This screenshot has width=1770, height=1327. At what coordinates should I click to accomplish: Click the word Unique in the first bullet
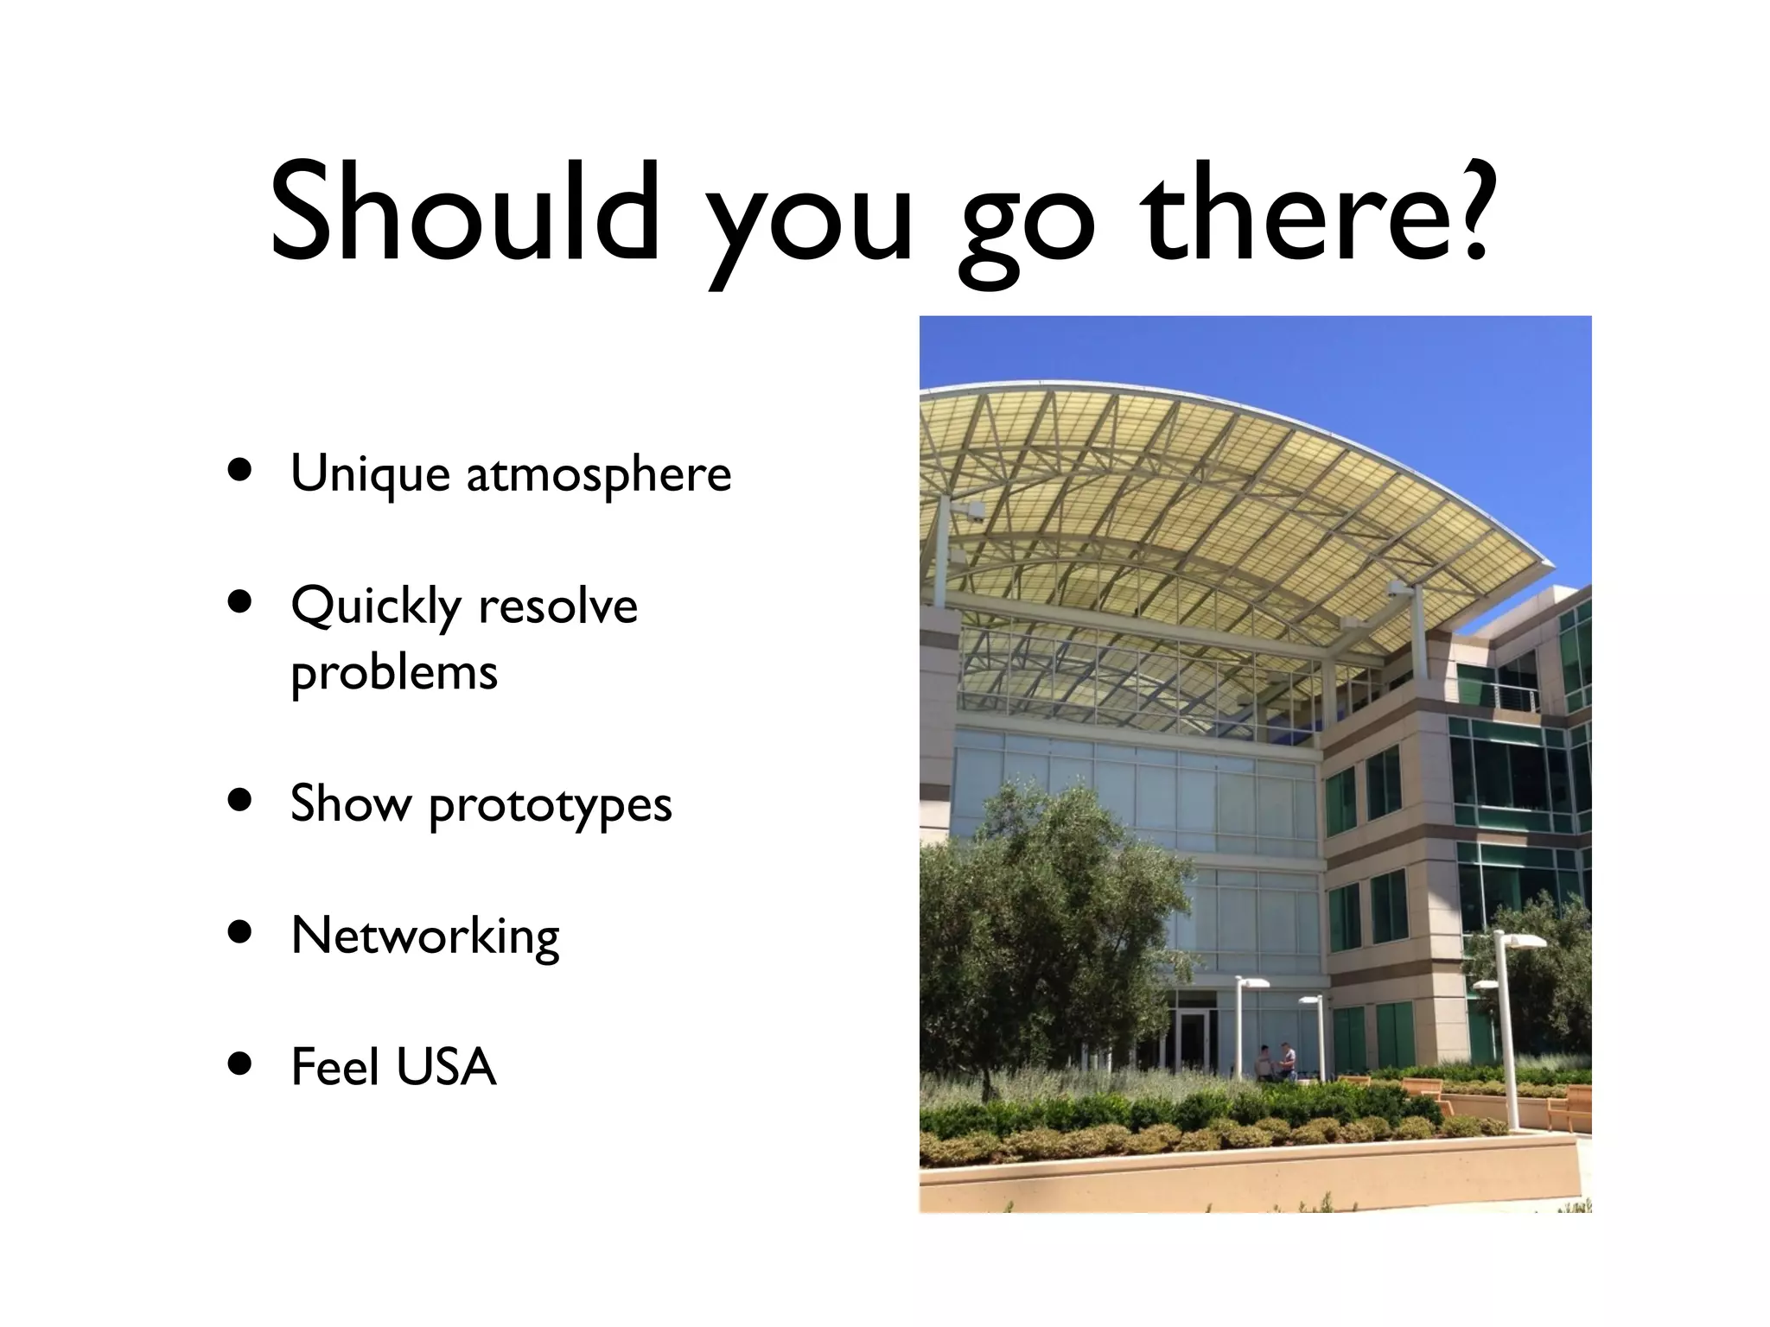click(371, 474)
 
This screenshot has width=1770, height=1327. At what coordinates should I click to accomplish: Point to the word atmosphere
click(598, 474)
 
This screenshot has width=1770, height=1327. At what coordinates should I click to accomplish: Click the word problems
click(394, 672)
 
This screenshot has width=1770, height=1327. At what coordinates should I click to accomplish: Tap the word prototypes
click(550, 804)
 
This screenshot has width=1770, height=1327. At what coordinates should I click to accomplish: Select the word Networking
click(425, 936)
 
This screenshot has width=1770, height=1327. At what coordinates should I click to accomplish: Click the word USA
click(446, 1067)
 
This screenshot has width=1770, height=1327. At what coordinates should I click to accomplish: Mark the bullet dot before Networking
click(240, 934)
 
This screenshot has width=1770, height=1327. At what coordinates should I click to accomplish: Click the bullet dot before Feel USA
click(240, 1064)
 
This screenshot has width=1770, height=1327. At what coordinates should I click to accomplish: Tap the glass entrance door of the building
click(1193, 1041)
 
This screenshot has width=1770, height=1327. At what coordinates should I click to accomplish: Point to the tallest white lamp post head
click(1521, 940)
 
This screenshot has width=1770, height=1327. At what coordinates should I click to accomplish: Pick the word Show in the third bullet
click(350, 804)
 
